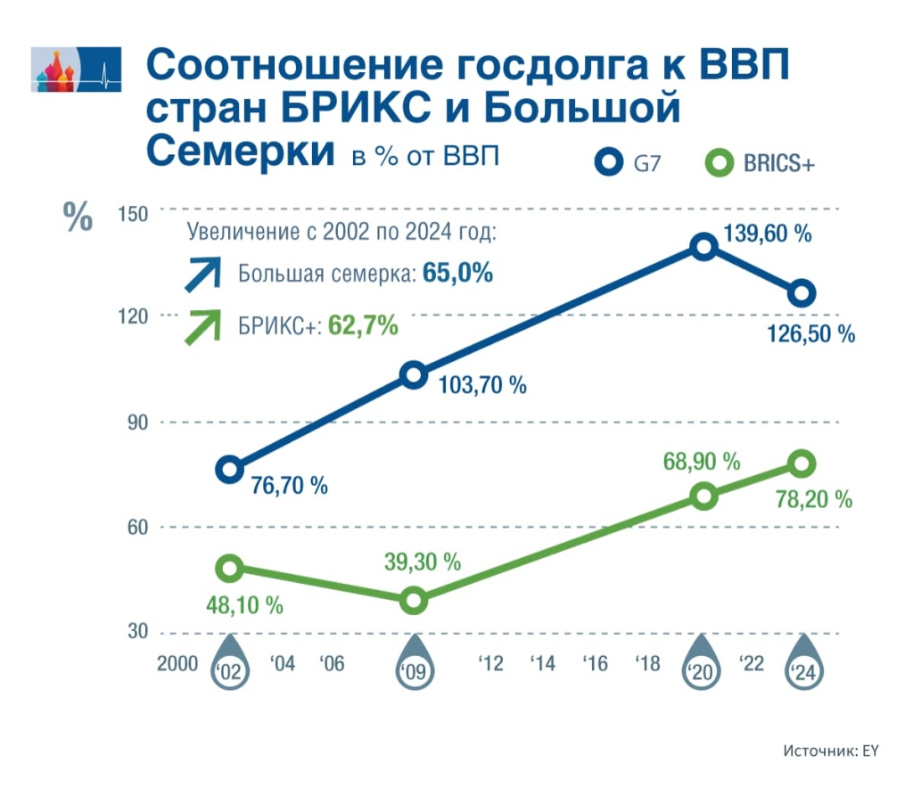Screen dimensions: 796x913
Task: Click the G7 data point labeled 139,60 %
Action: pyautogui.click(x=703, y=247)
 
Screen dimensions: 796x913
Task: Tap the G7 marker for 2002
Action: pyautogui.click(x=230, y=469)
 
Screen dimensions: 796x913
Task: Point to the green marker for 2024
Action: pyautogui.click(x=801, y=463)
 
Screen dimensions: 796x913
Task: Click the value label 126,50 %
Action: pyautogui.click(x=810, y=334)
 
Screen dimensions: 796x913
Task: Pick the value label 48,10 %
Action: pyautogui.click(x=238, y=605)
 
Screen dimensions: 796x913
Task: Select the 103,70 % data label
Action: pyautogui.click(x=481, y=385)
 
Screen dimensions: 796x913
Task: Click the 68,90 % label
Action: pyautogui.click(x=702, y=462)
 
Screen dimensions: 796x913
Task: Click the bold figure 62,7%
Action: pyautogui.click(x=362, y=326)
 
